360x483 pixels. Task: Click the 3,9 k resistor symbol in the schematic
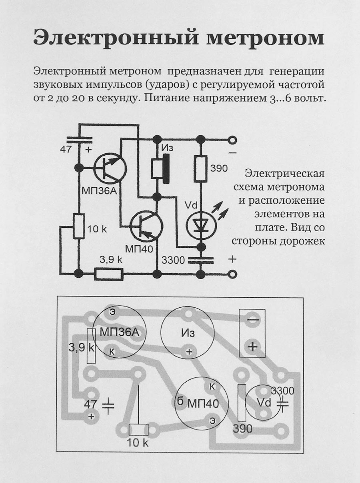[x=108, y=274]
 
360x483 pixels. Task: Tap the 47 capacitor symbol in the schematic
[x=79, y=139]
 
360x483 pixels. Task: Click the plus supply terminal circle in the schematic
[x=232, y=274]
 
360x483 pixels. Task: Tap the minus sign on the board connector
[x=252, y=320]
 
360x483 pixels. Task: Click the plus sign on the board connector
[x=252, y=346]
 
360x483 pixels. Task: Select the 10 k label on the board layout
[x=138, y=443]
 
